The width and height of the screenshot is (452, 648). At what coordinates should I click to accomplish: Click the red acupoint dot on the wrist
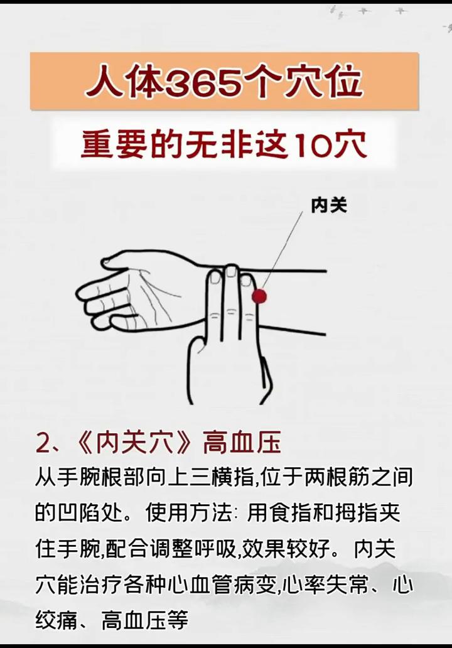point(259,296)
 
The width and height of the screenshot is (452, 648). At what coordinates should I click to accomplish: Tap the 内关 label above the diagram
point(329,205)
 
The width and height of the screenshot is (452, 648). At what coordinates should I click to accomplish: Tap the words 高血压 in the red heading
point(242,443)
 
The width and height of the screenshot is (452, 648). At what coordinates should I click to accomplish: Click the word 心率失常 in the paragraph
point(326,585)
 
